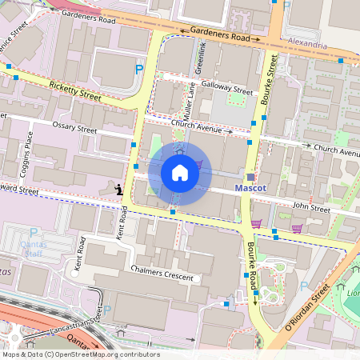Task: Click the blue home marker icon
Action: pyautogui.click(x=180, y=173)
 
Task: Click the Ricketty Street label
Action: pyautogui.click(x=74, y=90)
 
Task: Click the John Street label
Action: pyautogui.click(x=310, y=210)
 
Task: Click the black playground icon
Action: pyautogui.click(x=118, y=190)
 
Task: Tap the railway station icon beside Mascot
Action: pyautogui.click(x=250, y=176)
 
